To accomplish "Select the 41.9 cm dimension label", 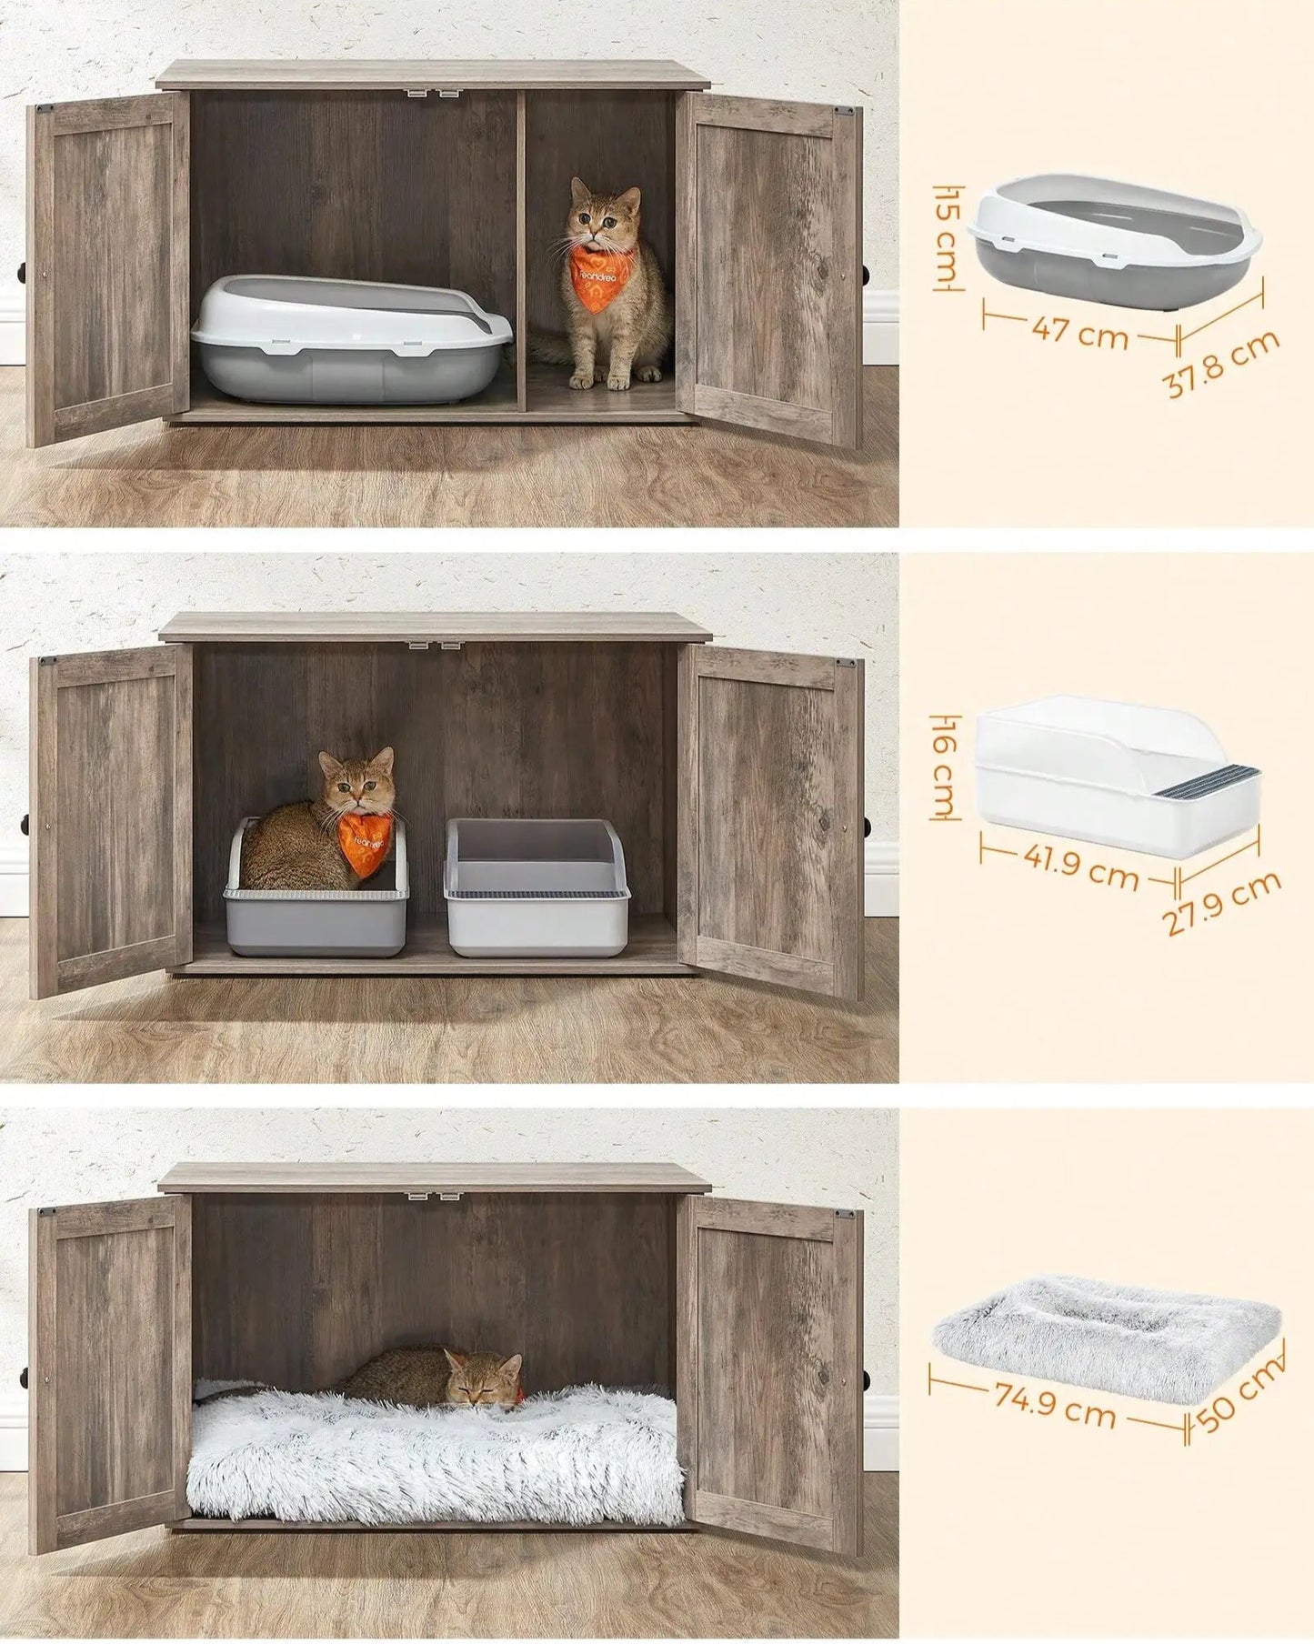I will point(1080,870).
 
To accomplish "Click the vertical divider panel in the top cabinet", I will point(521,246).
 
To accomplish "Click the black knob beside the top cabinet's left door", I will point(20,274).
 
